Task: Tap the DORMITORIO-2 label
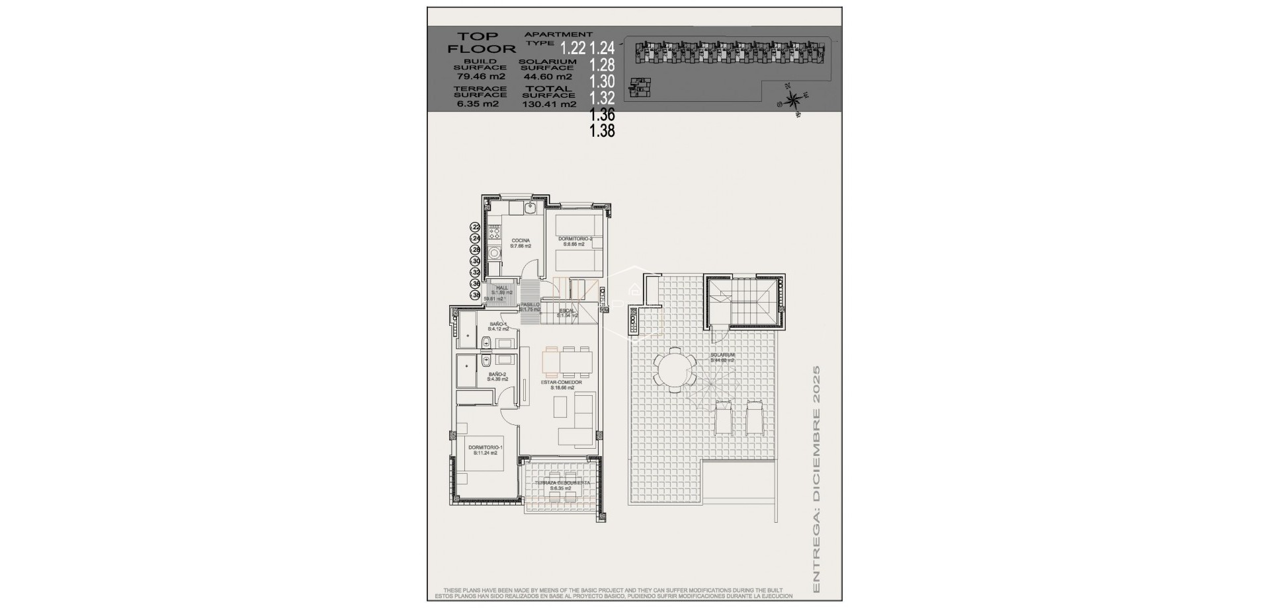(575, 241)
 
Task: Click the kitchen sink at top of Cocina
(530, 209)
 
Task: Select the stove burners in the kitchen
(493, 233)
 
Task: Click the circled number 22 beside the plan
(475, 227)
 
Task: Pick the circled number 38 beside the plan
(475, 295)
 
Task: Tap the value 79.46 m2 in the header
(476, 76)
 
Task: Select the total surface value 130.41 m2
(548, 104)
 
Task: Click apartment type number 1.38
(602, 131)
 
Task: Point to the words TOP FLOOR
(482, 42)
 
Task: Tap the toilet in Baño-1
(487, 342)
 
